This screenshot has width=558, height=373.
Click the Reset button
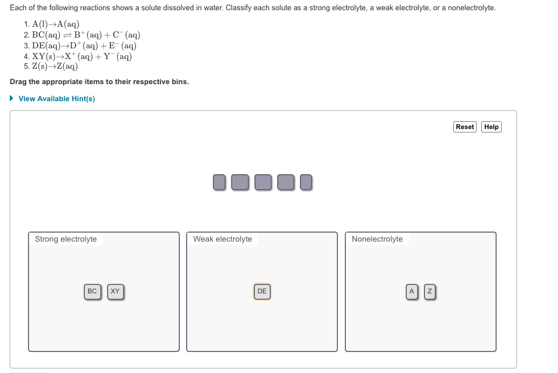(x=465, y=127)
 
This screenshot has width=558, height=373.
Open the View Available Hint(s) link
(x=56, y=99)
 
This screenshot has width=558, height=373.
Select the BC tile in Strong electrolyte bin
(x=92, y=291)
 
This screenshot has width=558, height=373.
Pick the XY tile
(x=115, y=291)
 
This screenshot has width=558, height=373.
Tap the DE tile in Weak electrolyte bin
(x=262, y=291)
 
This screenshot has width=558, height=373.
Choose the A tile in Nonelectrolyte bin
(x=411, y=291)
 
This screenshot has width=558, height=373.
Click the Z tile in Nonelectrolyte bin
(x=430, y=291)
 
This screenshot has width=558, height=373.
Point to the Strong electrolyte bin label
(x=65, y=239)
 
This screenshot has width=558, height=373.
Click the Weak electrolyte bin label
(x=222, y=239)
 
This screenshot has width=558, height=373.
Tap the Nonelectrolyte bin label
(x=377, y=239)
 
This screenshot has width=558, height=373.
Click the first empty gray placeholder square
(x=219, y=182)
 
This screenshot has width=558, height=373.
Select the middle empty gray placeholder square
(x=262, y=182)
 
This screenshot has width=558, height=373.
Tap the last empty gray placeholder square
(x=306, y=182)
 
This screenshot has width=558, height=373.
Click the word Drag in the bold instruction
(x=19, y=82)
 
